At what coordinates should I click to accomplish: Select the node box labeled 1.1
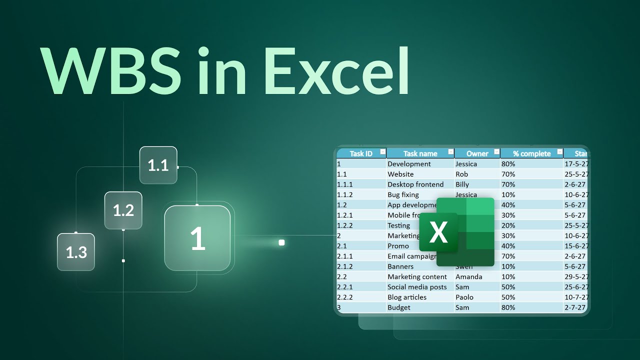[158, 165]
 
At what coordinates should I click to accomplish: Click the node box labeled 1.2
[123, 210]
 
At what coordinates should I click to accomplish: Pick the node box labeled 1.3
[76, 252]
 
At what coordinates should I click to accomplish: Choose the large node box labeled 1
[197, 238]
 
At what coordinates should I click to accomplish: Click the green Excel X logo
[438, 232]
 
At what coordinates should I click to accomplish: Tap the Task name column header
[420, 153]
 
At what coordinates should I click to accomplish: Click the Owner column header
[477, 153]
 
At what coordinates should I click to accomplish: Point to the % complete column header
[531, 153]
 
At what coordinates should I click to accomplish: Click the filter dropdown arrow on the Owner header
[496, 152]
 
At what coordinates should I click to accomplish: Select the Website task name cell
[400, 174]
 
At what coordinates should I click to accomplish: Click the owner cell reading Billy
[462, 184]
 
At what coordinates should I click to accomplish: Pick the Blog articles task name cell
[407, 297]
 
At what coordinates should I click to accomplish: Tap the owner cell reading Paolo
[464, 297]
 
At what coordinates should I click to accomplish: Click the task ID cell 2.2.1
[345, 287]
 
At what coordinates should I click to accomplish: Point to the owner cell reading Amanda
[468, 276]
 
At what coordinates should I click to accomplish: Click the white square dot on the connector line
[281, 242]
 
